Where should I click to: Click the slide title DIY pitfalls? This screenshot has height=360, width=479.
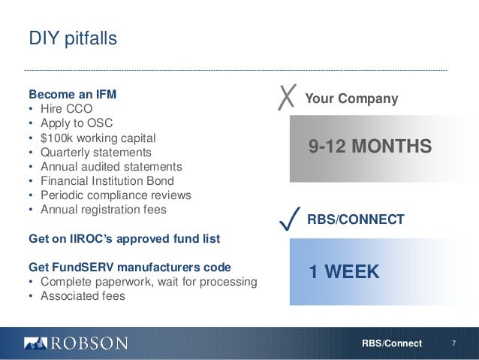73,38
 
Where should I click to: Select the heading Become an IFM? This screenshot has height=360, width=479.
72,96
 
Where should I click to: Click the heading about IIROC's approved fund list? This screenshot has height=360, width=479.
123,239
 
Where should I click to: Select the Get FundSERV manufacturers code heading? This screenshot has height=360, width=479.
129,268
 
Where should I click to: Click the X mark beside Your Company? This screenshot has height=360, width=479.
286,98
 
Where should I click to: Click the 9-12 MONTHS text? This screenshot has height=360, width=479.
370,146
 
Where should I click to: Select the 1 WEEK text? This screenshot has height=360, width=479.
344,271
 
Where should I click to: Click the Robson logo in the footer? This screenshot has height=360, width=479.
76,343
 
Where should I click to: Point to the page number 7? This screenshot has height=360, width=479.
453,343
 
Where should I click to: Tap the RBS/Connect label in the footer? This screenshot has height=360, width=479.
391,343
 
